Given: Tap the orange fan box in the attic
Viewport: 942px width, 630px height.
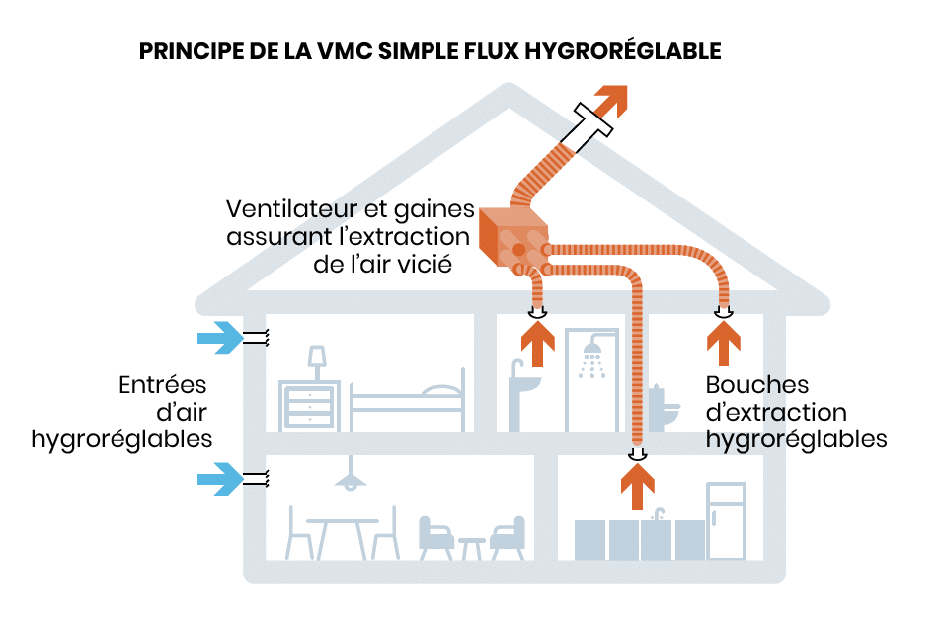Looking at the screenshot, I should (x=509, y=238).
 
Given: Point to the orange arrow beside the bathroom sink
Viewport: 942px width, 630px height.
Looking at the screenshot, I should (x=537, y=348).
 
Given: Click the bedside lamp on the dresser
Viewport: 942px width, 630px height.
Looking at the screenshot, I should (x=317, y=357).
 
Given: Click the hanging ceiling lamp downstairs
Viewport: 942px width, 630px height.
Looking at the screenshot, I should (x=348, y=480).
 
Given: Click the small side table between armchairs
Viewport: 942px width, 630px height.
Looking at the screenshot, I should (x=472, y=546).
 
